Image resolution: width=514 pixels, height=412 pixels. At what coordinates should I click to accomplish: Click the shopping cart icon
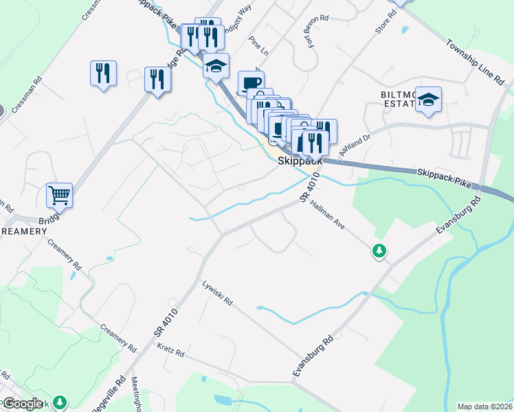[59, 195]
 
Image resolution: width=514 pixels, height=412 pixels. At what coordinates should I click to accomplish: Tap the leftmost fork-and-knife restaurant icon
[103, 73]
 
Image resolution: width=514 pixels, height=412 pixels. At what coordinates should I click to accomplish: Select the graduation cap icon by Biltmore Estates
[428, 100]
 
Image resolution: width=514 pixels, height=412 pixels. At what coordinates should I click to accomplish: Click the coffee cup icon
[251, 83]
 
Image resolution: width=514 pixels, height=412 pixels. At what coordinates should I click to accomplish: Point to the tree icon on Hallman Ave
[378, 251]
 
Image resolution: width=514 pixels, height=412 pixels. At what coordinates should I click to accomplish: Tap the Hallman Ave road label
[326, 213]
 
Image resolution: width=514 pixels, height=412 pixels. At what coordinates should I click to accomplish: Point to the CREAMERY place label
[23, 231]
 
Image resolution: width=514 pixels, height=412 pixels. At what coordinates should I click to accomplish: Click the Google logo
[23, 404]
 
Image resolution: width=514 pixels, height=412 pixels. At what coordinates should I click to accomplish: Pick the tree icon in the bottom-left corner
[60, 402]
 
